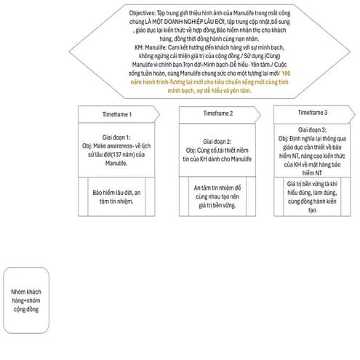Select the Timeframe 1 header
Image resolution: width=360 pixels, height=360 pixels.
(116, 115)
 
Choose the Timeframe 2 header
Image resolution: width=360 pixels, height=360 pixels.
(218, 114)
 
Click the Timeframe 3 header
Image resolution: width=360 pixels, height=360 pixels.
(313, 113)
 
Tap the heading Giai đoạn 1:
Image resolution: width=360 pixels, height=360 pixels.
(116, 137)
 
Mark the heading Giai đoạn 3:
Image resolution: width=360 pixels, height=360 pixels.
(313, 129)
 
